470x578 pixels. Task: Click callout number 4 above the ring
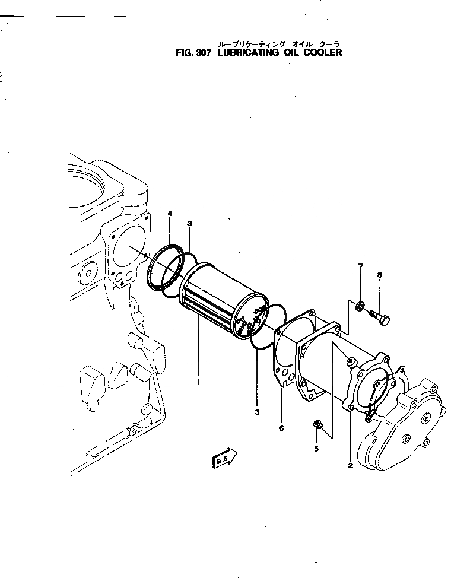[170, 213]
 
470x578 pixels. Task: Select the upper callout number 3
[189, 223]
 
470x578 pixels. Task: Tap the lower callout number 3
[257, 411]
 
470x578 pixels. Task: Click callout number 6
[281, 427]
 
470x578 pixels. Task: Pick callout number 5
[316, 448]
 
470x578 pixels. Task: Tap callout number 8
[379, 275]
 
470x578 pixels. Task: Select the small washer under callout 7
[360, 307]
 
